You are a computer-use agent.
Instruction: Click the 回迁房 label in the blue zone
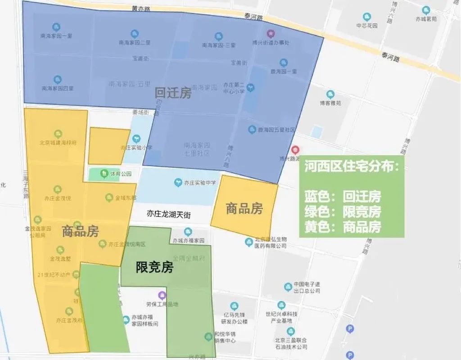pos(173,93)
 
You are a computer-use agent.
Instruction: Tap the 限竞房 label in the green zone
pos(154,267)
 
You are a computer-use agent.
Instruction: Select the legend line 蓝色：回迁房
pos(343,197)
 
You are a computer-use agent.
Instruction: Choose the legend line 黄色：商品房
pos(343,226)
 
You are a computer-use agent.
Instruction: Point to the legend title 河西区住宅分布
pos(351,166)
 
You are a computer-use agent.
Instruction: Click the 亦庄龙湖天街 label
pos(168,215)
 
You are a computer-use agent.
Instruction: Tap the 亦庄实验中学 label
pos(200,182)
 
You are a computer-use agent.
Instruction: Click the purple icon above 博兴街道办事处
pos(270,33)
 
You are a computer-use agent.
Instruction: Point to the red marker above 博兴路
pos(295,149)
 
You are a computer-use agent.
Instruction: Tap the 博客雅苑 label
pos(330,103)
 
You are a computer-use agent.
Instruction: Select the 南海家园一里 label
pos(56,36)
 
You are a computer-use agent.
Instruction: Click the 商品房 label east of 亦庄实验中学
pos(244,208)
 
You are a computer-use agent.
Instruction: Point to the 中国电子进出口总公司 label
pos(306,287)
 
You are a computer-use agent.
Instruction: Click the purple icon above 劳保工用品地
pos(162,295)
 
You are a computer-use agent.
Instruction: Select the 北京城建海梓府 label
pos(58,143)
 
